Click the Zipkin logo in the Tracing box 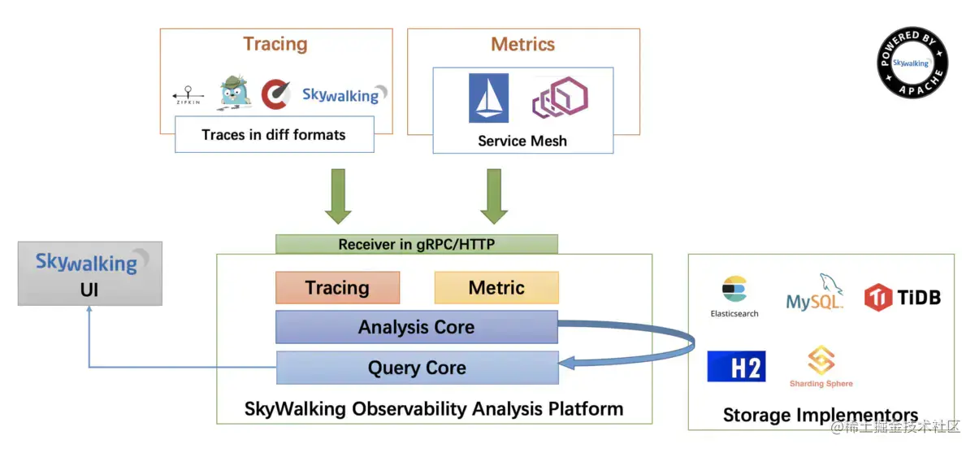188,96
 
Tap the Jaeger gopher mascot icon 234,93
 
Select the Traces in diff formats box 274,134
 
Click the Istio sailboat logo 488,98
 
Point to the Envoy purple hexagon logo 559,98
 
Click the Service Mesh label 522,141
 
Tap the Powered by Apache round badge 912,63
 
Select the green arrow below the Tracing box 338,196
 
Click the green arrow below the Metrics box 494,196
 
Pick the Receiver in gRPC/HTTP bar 416,244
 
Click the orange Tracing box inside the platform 337,288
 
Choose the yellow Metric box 496,288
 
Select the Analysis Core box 416,327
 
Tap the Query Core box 417,368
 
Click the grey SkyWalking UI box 89,273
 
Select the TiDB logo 902,297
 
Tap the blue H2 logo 735,366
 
